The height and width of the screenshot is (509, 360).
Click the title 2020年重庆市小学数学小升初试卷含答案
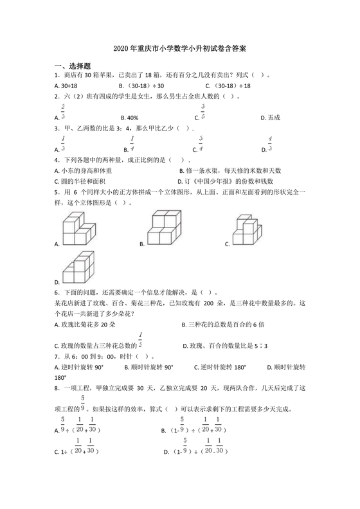[x=179, y=48]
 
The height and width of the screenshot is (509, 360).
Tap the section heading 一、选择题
[x=72, y=66]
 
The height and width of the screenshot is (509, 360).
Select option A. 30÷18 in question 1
[x=67, y=85]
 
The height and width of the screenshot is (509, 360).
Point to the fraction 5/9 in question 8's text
[x=83, y=403]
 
